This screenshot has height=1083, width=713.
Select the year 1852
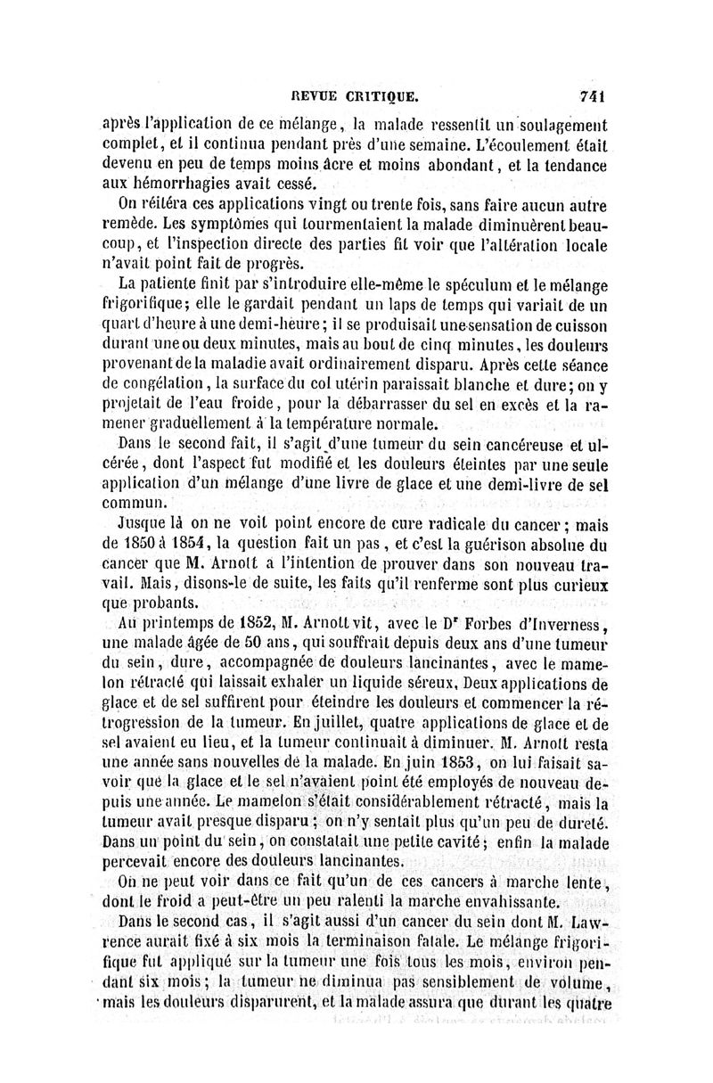(258, 623)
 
